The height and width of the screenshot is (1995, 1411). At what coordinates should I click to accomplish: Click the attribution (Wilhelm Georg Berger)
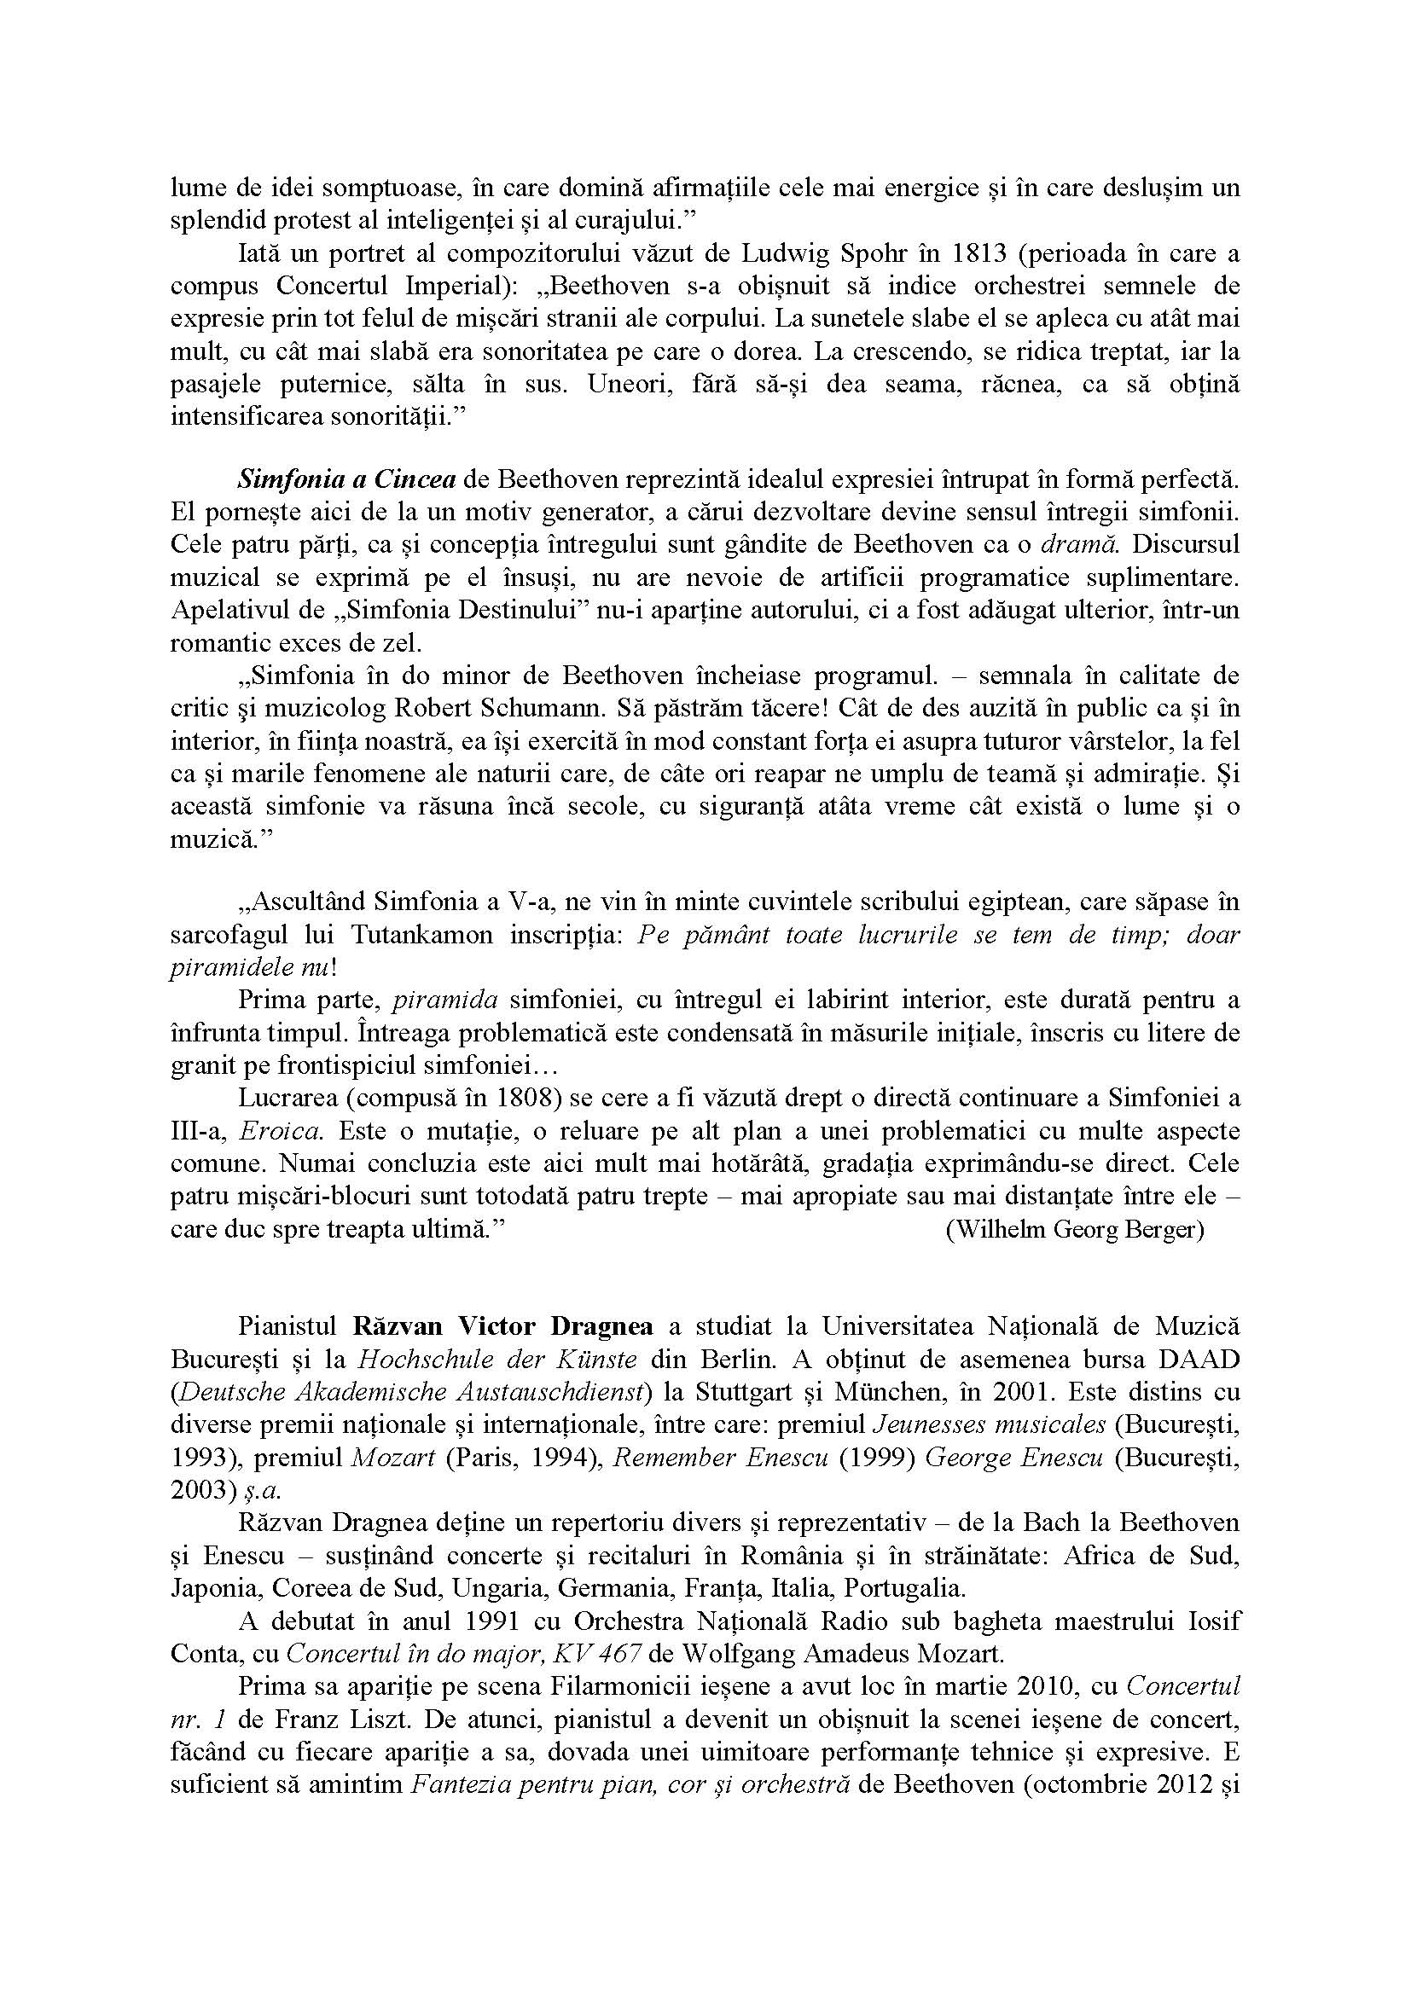click(x=1075, y=1231)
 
